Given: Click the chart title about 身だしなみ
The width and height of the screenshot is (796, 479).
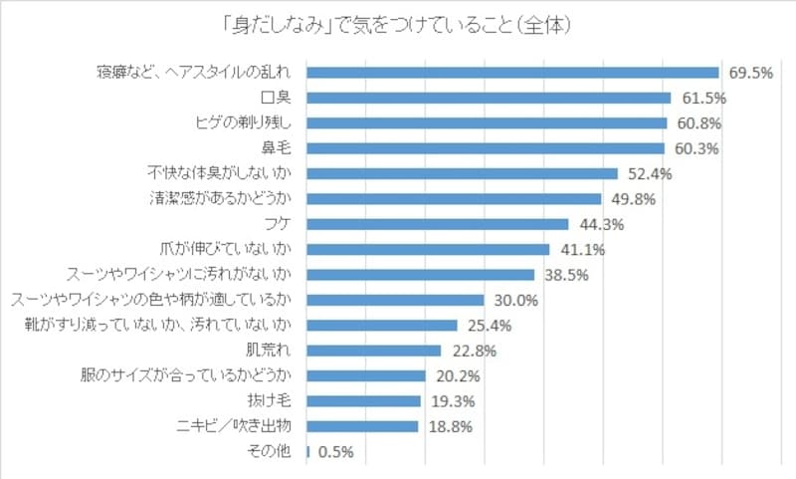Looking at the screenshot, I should (x=399, y=23).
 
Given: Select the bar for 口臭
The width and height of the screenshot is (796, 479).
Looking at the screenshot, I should (x=489, y=98).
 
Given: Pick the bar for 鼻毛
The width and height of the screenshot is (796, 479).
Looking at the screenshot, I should (x=486, y=148).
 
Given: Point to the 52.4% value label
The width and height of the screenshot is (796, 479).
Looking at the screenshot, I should (x=649, y=173).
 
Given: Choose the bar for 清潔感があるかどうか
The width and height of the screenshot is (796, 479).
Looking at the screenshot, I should (x=454, y=198).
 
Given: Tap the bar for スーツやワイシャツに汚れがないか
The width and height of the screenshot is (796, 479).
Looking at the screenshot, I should (x=420, y=275).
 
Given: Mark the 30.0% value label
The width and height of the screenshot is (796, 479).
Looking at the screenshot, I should (x=515, y=300).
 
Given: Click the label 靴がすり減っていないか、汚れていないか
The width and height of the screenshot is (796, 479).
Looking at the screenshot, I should (x=156, y=325).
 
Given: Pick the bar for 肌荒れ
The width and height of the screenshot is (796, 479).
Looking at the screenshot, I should (x=373, y=351).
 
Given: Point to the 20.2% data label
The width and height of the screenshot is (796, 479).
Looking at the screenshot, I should (x=458, y=376).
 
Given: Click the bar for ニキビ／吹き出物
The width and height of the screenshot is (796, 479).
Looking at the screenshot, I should (x=362, y=426).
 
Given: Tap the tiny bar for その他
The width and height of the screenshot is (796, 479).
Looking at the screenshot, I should (x=308, y=451).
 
